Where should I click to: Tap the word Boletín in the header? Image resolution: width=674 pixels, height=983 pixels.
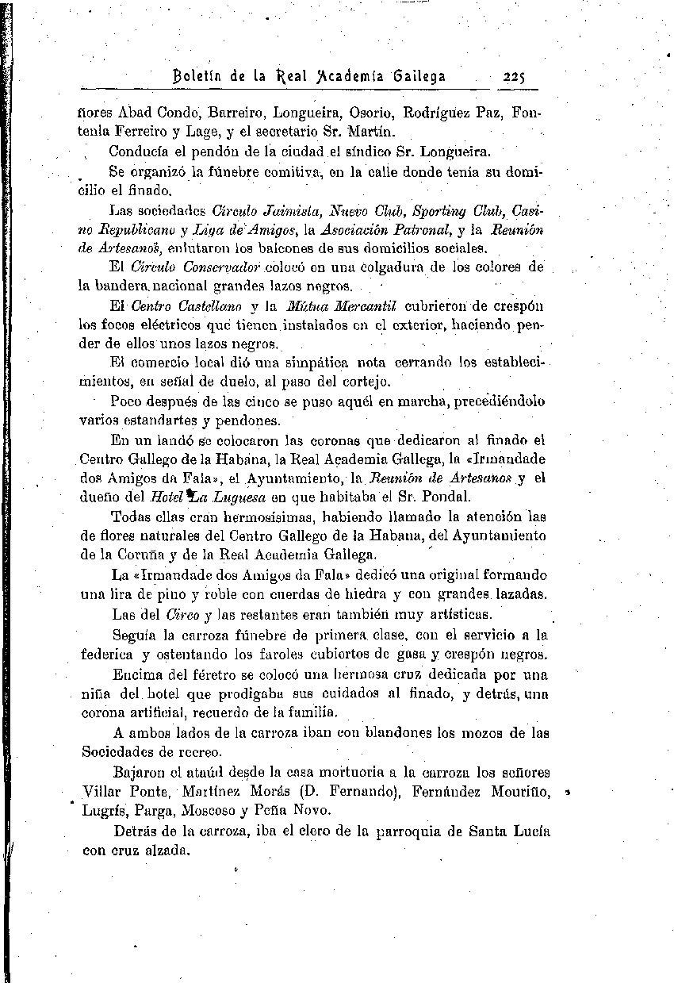click(x=205, y=76)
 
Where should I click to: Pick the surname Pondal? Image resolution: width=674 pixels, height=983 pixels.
click(x=449, y=497)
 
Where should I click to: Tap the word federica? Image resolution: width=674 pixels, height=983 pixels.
click(x=107, y=655)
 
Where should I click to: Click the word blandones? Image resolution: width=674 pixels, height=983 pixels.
click(x=396, y=732)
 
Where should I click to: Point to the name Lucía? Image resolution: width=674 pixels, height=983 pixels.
click(x=530, y=831)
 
